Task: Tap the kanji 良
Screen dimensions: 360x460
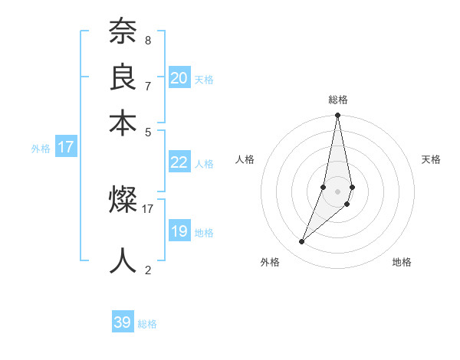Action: click(123, 78)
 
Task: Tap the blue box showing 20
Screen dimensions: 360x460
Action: click(179, 78)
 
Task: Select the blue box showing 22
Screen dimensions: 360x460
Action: click(179, 162)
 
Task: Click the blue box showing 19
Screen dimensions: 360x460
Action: click(179, 231)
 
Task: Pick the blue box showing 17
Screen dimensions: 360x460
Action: click(66, 147)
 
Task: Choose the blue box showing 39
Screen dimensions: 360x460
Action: click(123, 322)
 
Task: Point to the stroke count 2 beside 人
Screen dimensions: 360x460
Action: click(147, 270)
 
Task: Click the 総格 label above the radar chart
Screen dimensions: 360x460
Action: click(337, 100)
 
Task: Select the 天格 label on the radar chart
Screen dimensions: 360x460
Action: click(431, 159)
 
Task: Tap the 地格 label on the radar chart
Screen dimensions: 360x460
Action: click(402, 262)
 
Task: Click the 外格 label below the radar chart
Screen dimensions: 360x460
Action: click(270, 262)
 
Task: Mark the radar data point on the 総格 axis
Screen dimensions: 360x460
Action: click(337, 116)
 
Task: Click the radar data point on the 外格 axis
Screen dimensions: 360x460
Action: click(302, 242)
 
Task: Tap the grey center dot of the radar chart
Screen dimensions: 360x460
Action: click(337, 191)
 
